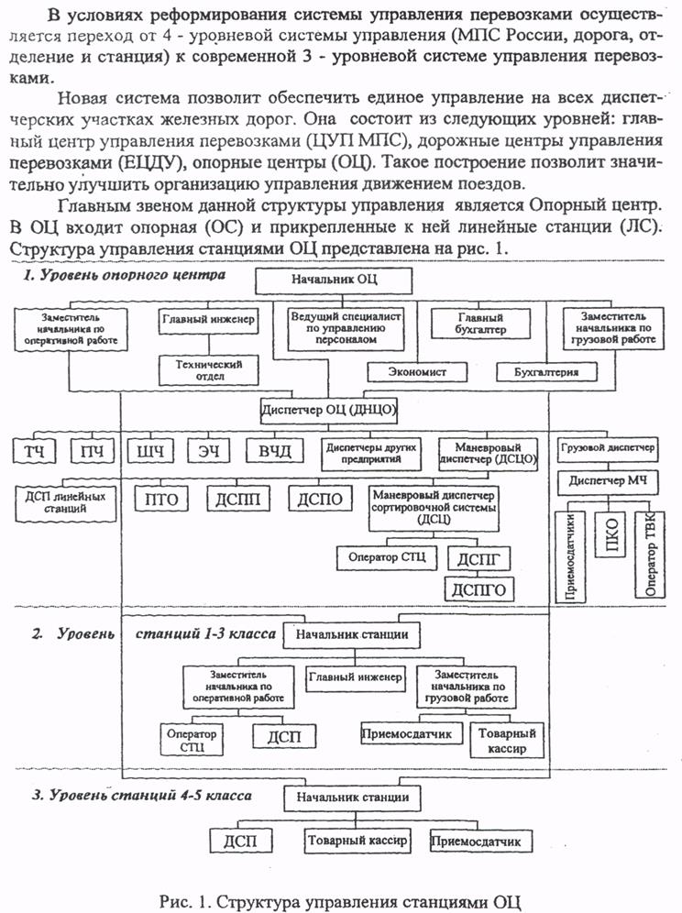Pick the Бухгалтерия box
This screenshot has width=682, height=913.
point(547,372)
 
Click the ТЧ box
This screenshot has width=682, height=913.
point(33,452)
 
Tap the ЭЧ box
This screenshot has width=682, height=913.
point(212,452)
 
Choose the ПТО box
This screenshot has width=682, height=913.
point(161,499)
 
